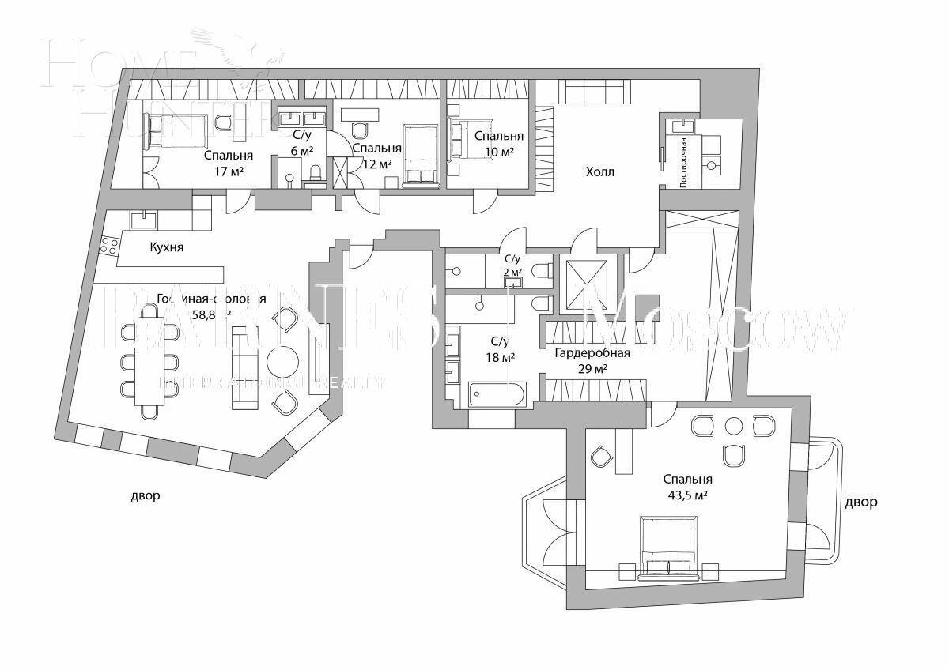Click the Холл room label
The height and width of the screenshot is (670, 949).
[599, 171]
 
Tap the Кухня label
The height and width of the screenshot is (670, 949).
[166, 247]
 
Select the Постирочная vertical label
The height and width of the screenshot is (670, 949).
[682, 160]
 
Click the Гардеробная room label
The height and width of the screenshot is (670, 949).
[592, 352]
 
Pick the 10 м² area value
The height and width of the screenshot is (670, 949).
[499, 151]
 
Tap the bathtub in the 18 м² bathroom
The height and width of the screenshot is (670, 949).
[497, 394]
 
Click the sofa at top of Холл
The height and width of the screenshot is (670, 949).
[593, 92]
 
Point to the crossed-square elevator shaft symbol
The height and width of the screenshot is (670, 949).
[585, 282]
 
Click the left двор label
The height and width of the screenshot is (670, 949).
[146, 496]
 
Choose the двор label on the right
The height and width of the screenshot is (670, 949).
[860, 502]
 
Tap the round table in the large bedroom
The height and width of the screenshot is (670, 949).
[735, 427]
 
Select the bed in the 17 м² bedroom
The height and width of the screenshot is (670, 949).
[176, 130]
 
